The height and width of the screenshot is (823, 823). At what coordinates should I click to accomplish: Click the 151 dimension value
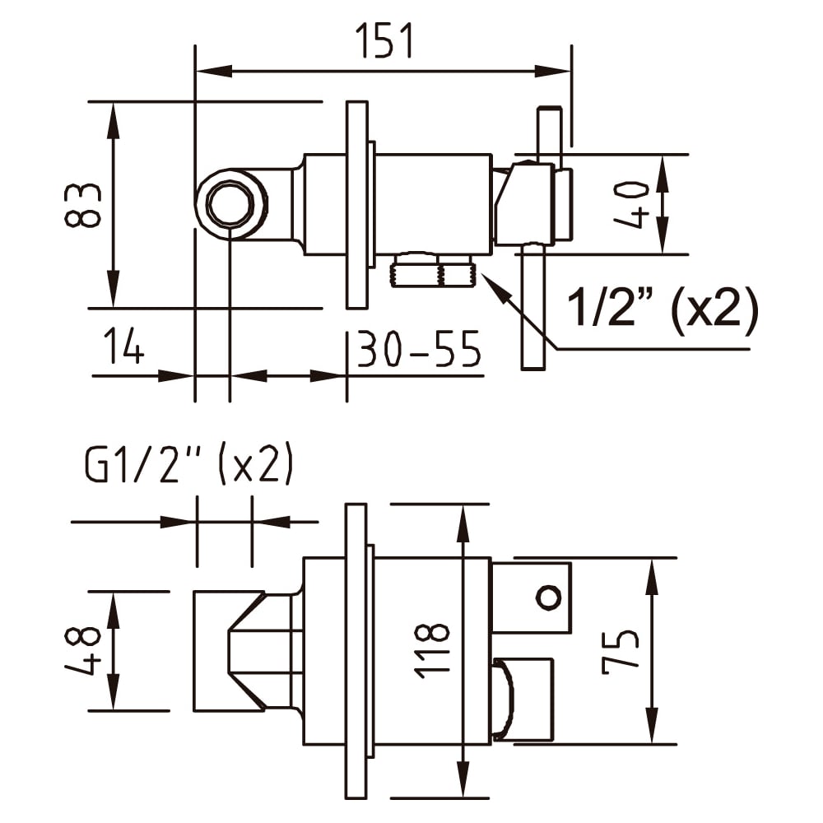(x=384, y=40)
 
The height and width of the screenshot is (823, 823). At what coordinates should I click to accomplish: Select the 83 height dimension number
(x=82, y=205)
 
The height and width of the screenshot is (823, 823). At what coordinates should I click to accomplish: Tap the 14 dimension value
(x=123, y=346)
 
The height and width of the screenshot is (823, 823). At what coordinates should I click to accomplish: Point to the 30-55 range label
(x=418, y=348)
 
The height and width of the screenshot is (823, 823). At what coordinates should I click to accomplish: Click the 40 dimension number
(x=631, y=204)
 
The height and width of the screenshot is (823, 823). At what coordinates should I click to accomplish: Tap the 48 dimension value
(x=82, y=651)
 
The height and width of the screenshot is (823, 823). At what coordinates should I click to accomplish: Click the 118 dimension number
(x=432, y=651)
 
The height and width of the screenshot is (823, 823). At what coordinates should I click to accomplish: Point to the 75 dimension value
(x=620, y=651)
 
